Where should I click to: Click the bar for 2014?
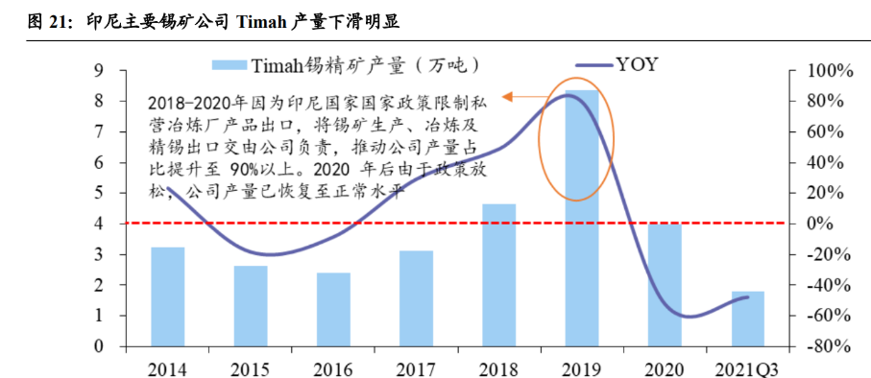tap(168, 296)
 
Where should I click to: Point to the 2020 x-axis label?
tap(664, 366)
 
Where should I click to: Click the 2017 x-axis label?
tap(416, 366)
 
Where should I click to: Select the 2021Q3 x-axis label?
tap(746, 366)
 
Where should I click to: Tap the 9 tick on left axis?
tap(98, 71)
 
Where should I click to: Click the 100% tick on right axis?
tap(817, 71)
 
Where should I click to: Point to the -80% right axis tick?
tap(817, 346)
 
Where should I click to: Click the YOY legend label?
tap(638, 65)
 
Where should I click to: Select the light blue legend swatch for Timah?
tap(229, 65)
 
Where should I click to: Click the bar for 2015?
tap(251, 306)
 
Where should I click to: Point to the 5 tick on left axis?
tap(98, 193)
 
